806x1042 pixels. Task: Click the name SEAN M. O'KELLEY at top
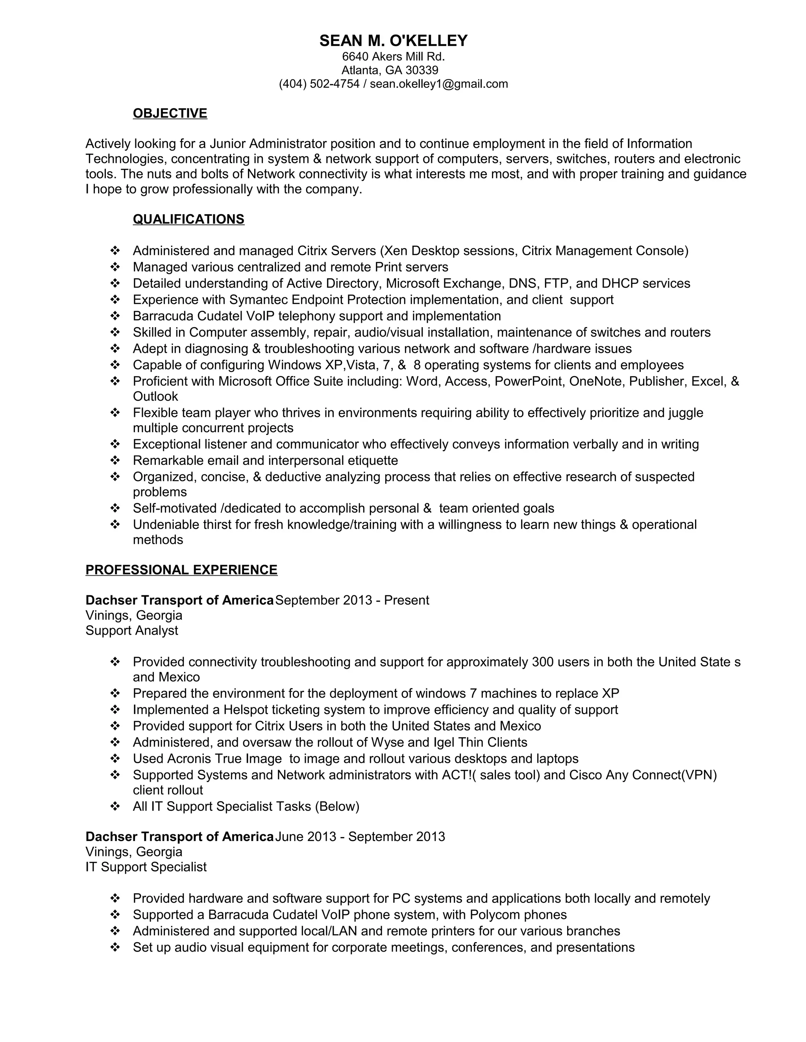(394, 41)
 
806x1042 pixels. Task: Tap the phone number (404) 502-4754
(319, 84)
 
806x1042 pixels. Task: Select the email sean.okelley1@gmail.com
(439, 84)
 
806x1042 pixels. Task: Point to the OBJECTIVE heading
(170, 113)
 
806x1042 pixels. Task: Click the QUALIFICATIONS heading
(189, 219)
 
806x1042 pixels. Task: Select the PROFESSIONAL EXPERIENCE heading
(181, 570)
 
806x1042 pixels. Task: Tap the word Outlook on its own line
(155, 396)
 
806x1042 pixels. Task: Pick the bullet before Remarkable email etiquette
(115, 460)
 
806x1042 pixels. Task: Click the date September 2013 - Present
(352, 600)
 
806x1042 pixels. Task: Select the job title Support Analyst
(132, 630)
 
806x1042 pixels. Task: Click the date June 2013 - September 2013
(360, 836)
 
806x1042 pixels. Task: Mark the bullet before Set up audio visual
(115, 947)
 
